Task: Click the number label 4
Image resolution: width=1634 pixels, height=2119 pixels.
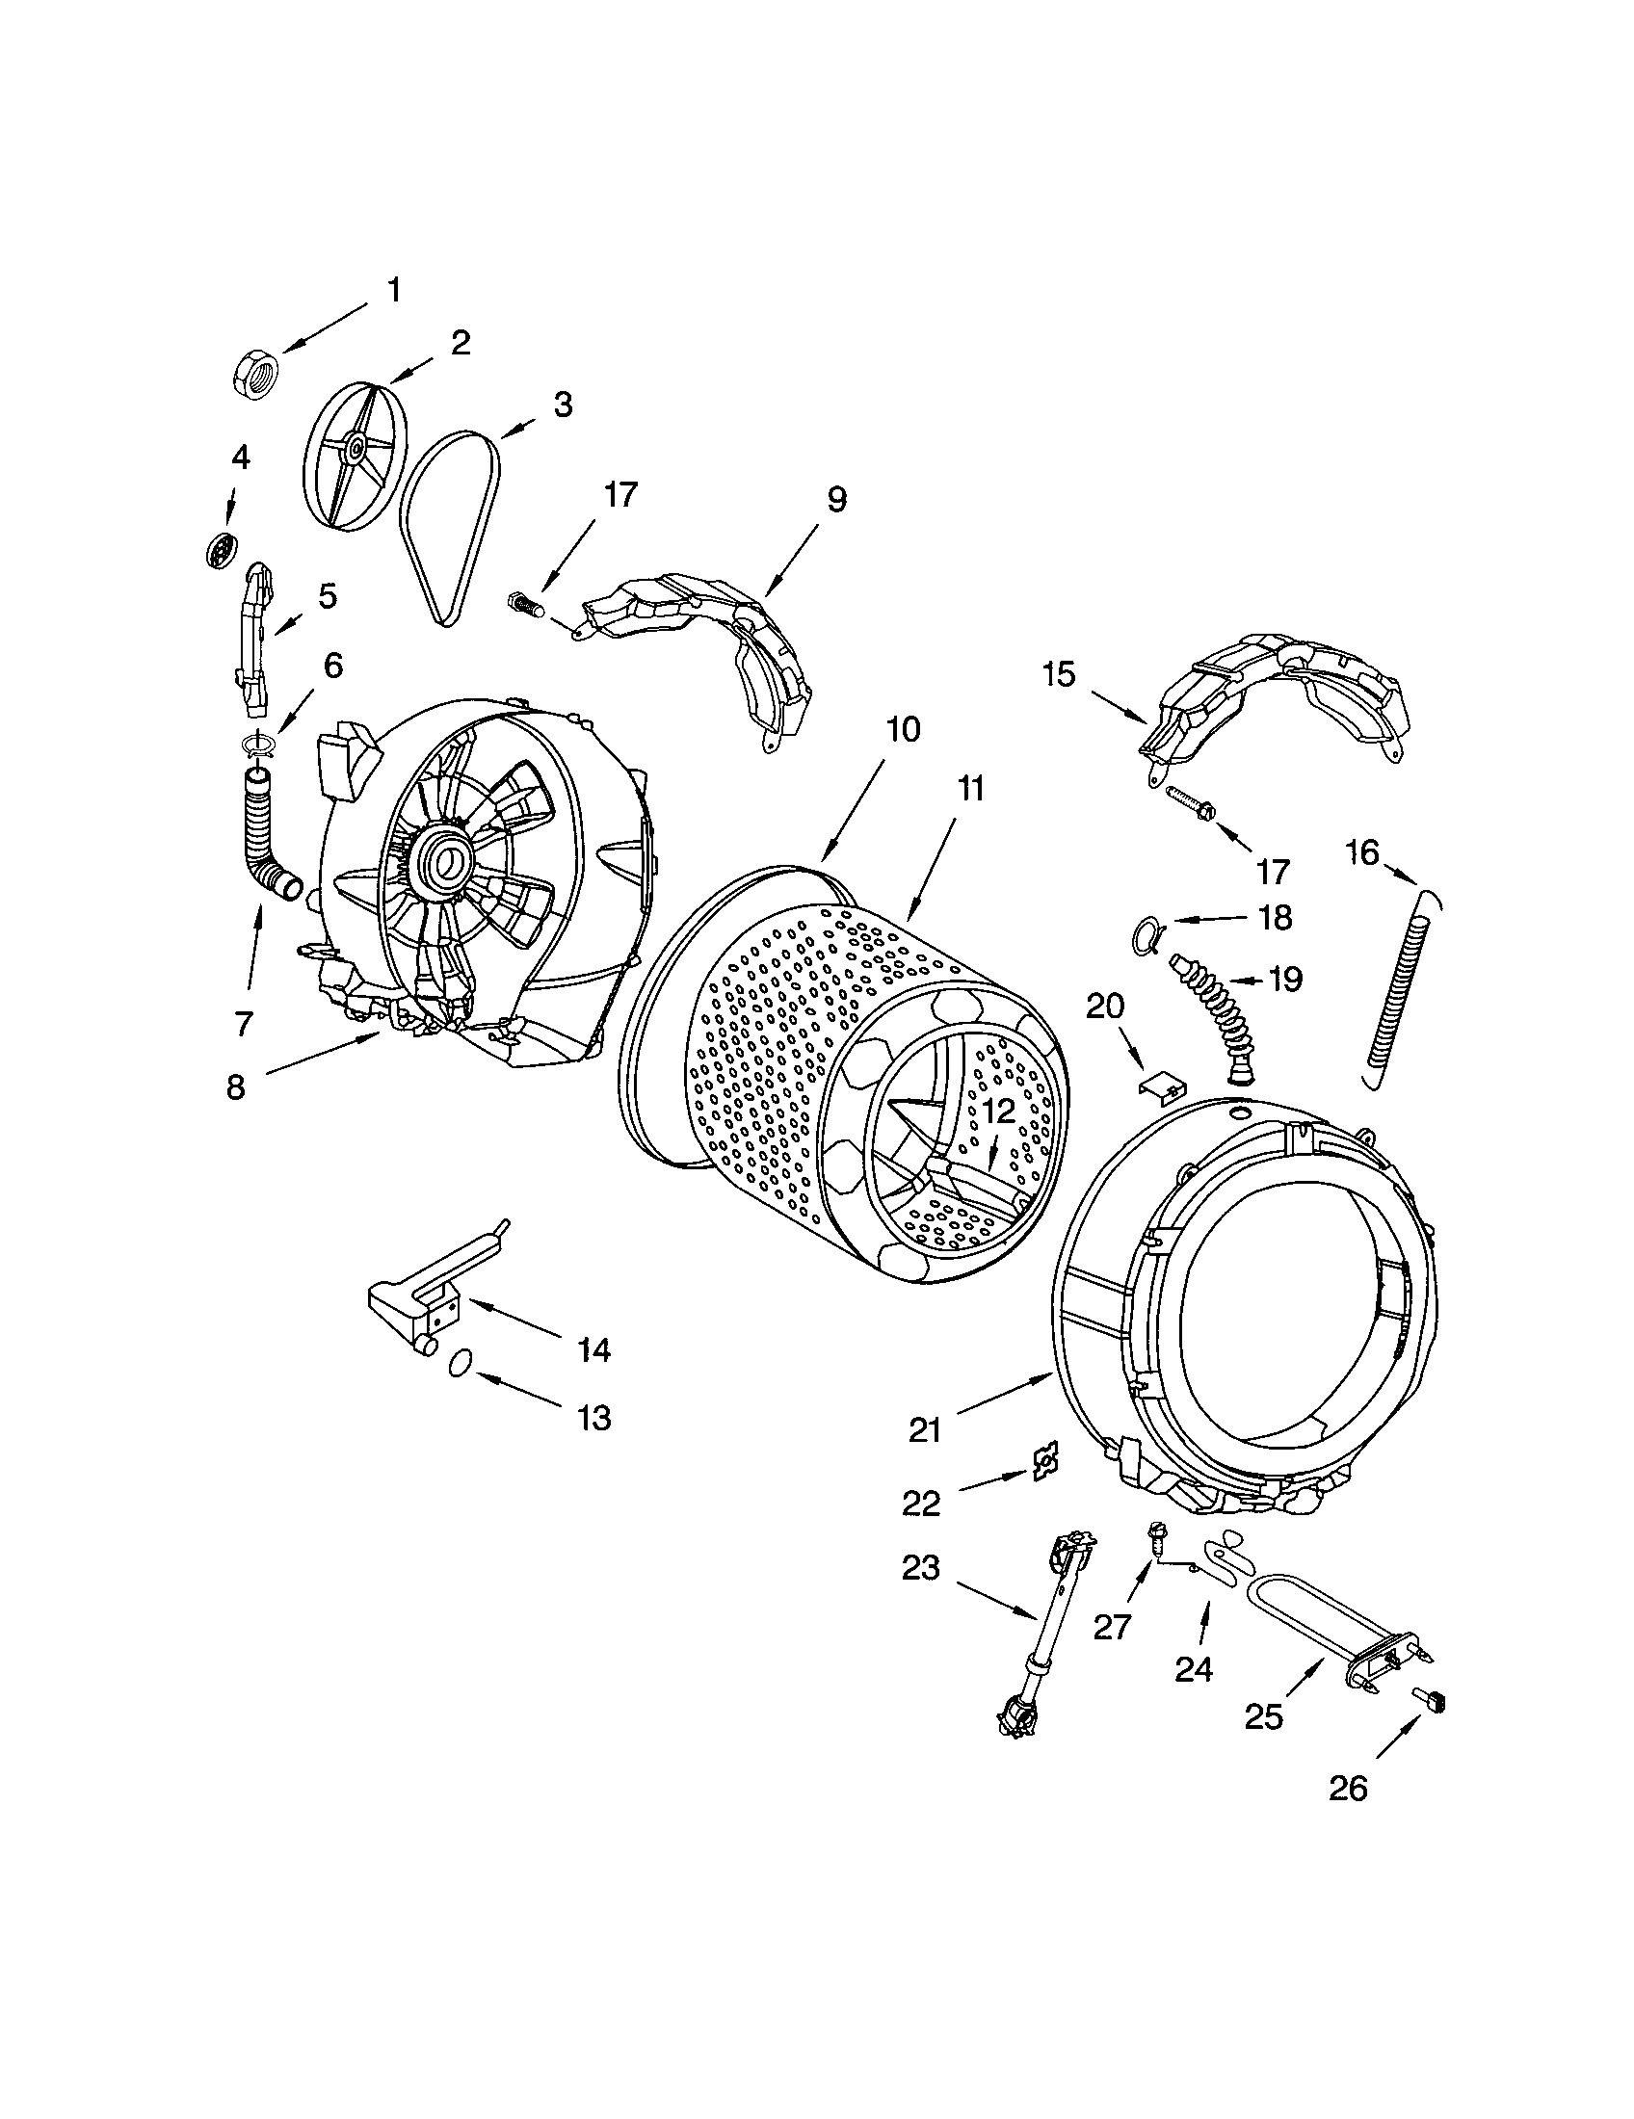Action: [240, 457]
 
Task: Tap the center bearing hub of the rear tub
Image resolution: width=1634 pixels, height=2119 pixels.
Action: [448, 858]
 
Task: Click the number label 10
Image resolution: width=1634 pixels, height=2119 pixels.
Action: [903, 730]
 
